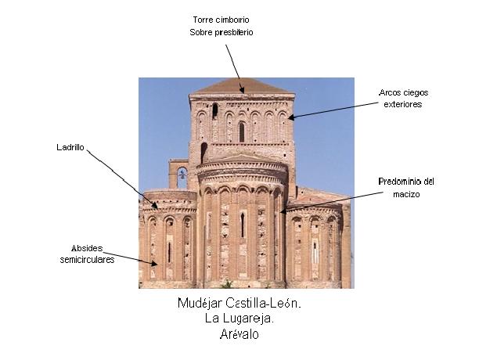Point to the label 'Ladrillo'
pyautogui.click(x=70, y=146)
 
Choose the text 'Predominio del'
pyautogui.click(x=405, y=182)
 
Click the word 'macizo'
pyautogui.click(x=405, y=193)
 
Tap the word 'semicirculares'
pyautogui.click(x=87, y=259)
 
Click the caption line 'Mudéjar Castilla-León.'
pyautogui.click(x=239, y=304)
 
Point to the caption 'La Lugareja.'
pyautogui.click(x=239, y=319)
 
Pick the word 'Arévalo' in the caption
pyautogui.click(x=239, y=334)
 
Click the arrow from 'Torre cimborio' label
pyautogui.click(x=234, y=67)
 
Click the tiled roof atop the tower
pyautogui.click(x=241, y=85)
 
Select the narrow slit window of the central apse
pyautogui.click(x=242, y=225)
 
